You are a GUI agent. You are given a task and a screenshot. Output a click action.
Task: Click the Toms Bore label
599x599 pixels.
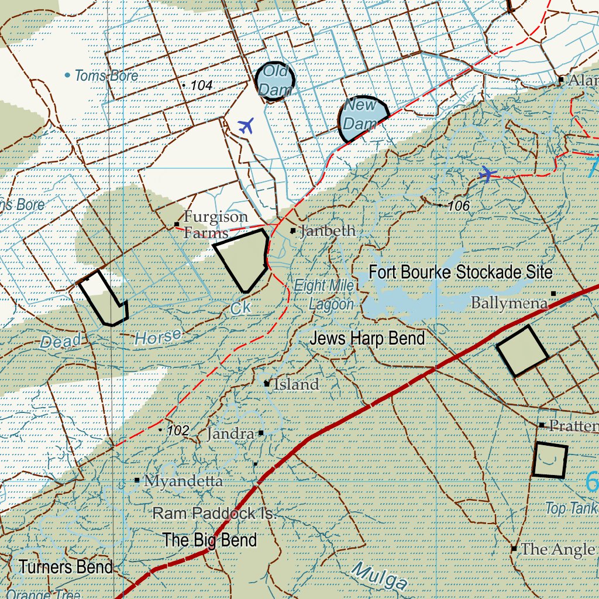[x=106, y=75]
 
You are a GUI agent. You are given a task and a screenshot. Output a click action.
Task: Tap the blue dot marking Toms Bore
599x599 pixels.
[x=67, y=75]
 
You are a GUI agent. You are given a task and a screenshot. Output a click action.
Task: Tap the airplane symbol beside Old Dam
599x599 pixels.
[x=247, y=125]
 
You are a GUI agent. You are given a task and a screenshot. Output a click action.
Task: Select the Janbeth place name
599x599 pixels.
[x=327, y=230]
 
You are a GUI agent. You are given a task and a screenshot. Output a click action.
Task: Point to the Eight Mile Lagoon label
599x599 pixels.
[x=332, y=295]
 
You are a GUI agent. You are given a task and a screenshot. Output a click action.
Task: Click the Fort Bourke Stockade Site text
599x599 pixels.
[x=460, y=272]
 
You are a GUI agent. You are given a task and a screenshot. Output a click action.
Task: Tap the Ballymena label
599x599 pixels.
[x=509, y=303]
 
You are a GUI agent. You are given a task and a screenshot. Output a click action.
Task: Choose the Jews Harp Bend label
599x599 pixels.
[x=367, y=338]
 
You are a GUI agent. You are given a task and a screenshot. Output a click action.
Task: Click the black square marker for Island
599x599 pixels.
[x=267, y=384]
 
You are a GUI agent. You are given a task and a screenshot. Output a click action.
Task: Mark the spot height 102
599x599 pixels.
[x=177, y=431]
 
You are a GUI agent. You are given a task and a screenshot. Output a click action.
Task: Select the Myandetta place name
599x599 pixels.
[x=183, y=481]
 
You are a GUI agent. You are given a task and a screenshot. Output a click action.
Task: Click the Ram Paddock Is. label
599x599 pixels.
[x=214, y=514]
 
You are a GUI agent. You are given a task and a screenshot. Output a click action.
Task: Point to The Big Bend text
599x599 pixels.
[x=209, y=539]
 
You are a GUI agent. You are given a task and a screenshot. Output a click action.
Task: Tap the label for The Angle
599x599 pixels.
[x=557, y=549]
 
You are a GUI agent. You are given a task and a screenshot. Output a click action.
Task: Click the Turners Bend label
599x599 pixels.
[x=66, y=567]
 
